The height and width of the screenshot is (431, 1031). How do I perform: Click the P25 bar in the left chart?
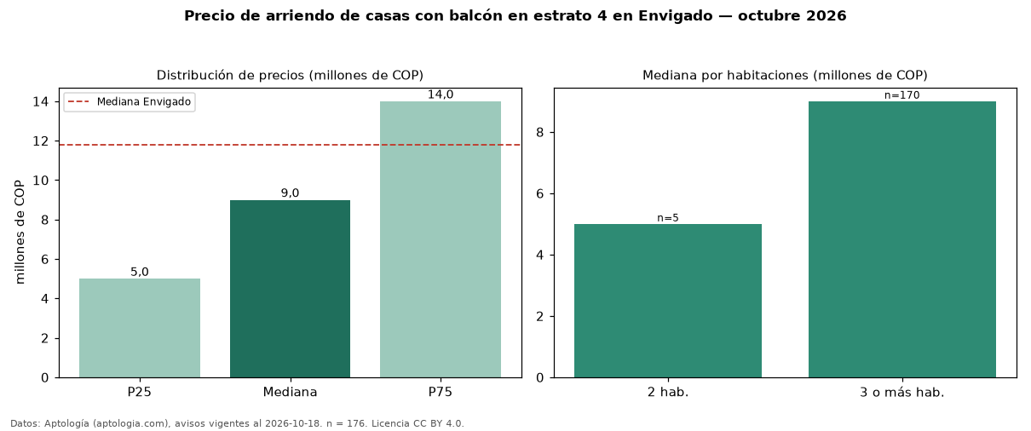click(x=140, y=328)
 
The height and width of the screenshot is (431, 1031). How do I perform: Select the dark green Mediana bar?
click(x=290, y=289)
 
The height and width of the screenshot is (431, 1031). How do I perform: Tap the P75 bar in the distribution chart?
click(x=441, y=239)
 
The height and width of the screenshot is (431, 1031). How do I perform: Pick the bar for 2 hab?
click(x=668, y=301)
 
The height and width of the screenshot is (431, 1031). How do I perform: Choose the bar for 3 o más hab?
click(x=902, y=239)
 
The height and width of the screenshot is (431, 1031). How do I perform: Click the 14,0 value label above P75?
click(x=441, y=95)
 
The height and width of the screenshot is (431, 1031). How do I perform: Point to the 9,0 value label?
click(x=290, y=193)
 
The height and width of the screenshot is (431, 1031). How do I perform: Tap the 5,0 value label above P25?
click(x=140, y=272)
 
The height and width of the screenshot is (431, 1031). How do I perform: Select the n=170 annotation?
click(x=902, y=95)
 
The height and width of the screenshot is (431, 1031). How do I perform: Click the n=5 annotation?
click(x=668, y=218)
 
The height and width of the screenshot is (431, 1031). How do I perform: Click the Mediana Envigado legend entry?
click(x=130, y=101)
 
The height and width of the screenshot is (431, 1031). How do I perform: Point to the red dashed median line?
click(x=290, y=145)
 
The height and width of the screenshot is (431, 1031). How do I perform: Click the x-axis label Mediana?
click(x=290, y=392)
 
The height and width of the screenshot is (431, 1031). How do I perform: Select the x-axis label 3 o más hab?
click(x=902, y=393)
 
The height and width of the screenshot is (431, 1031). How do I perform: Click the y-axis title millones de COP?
click(x=20, y=233)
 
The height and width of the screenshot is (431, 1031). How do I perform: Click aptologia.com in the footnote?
click(x=134, y=423)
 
